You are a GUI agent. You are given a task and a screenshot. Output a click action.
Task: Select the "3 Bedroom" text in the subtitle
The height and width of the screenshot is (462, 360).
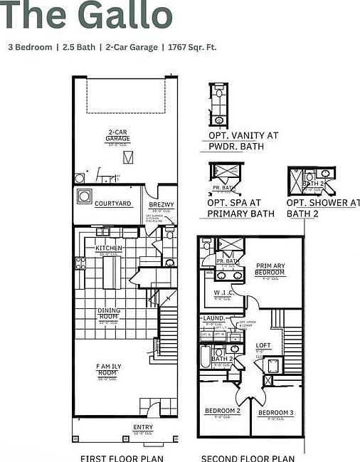[30, 47]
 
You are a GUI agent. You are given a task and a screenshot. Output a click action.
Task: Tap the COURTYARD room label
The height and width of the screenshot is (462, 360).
[113, 204]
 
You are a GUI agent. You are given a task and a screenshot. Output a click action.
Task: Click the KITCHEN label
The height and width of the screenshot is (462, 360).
[109, 248]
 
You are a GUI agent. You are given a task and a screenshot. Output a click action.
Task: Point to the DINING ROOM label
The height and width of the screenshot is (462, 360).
[109, 314]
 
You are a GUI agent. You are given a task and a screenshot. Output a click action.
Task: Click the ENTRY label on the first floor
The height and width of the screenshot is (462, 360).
[143, 428]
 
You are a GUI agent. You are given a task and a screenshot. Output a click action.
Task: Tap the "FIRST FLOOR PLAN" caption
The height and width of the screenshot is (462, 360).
[122, 457]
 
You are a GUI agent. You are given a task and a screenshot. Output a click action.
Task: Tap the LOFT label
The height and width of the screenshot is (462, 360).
[263, 345]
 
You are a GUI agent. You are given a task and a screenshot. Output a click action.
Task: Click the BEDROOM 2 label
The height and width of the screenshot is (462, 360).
[223, 411]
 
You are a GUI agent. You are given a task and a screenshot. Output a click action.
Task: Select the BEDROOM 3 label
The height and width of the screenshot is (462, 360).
[275, 412]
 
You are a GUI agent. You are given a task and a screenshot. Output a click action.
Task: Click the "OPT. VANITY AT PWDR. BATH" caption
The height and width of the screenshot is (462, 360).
[243, 140]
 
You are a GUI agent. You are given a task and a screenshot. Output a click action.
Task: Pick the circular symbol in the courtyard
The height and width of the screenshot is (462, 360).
[84, 196]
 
